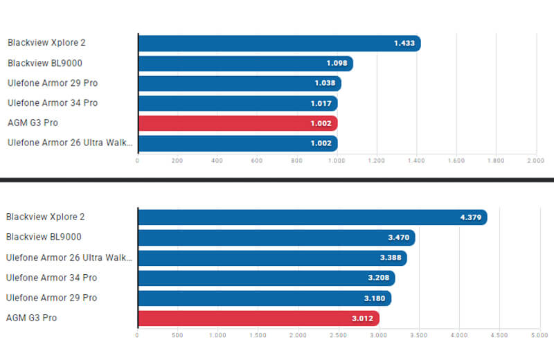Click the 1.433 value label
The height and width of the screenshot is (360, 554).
pyautogui.click(x=404, y=44)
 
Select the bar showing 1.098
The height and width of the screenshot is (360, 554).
pyautogui.click(x=246, y=64)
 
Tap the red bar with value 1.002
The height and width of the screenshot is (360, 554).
pyautogui.click(x=238, y=123)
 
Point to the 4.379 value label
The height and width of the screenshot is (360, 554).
pyautogui.click(x=470, y=217)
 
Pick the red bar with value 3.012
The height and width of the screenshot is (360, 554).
pyautogui.click(x=258, y=318)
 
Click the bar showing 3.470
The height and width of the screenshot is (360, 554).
pyautogui.click(x=276, y=237)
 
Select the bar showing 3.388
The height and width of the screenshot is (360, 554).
pyautogui.click(x=272, y=258)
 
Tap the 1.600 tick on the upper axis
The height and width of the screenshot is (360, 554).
pyautogui.click(x=456, y=161)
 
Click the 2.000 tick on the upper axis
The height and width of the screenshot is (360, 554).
pyautogui.click(x=536, y=161)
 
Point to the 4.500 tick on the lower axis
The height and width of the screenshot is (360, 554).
pyautogui.click(x=499, y=335)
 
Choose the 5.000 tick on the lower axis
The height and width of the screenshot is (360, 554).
pyautogui.click(x=539, y=335)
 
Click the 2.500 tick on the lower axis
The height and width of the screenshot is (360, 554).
pyautogui.click(x=338, y=335)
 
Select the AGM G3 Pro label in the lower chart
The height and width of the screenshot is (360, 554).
pyautogui.click(x=32, y=318)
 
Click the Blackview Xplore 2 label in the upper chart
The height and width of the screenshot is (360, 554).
pyautogui.click(x=46, y=43)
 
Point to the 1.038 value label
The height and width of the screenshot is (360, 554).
pyautogui.click(x=324, y=84)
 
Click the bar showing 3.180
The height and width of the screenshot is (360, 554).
pyautogui.click(x=265, y=298)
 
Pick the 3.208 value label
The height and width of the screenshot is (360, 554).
pyautogui.click(x=379, y=278)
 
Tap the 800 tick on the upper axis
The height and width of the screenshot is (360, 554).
pyautogui.click(x=297, y=161)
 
